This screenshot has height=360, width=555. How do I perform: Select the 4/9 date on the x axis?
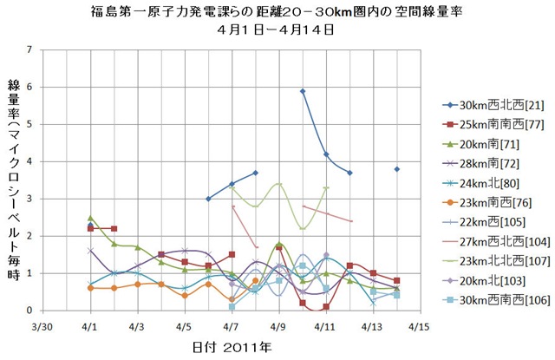pos(278,329)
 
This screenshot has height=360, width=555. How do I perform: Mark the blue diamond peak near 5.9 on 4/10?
pos(303,91)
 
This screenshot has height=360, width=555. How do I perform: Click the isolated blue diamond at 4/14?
pos(397,169)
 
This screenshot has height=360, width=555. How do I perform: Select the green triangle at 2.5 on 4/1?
pos(90,218)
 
